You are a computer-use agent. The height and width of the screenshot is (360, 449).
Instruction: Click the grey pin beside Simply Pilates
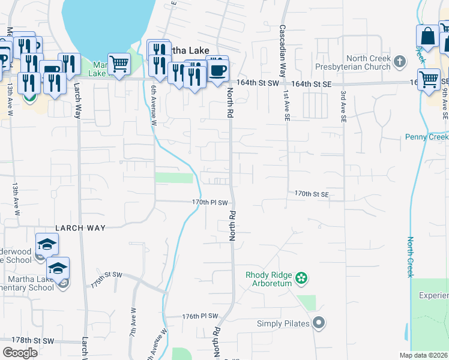319,323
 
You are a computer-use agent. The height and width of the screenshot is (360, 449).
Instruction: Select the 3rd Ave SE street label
343,107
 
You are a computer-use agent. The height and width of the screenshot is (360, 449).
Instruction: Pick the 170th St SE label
312,194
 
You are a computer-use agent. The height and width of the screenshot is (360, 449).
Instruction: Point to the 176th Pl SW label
200,316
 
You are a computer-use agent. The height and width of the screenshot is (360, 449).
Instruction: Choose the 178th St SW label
36,341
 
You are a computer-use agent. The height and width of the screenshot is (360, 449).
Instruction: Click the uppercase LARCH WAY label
80,228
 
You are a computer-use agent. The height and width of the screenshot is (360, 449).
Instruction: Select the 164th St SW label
258,82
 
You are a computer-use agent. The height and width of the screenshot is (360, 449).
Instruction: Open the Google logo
20,353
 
